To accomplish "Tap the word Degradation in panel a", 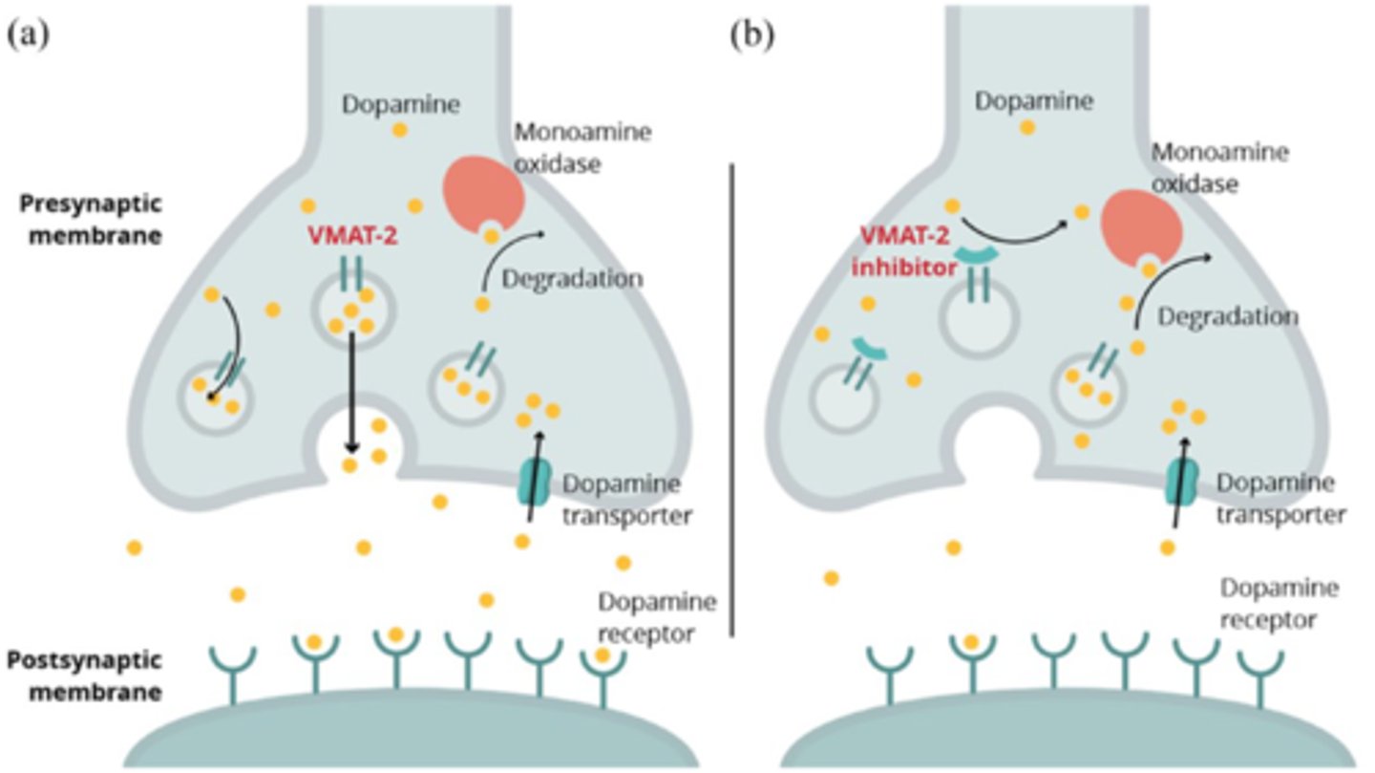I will (x=571, y=278).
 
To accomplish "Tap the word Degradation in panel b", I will (x=1227, y=316).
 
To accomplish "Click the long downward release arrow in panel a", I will (x=351, y=392).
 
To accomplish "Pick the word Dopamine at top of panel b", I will (x=1026, y=98).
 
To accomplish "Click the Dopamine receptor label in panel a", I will (x=657, y=616).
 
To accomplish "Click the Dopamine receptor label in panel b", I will (x=1280, y=603).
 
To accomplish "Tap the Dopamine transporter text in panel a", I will (x=625, y=499).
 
